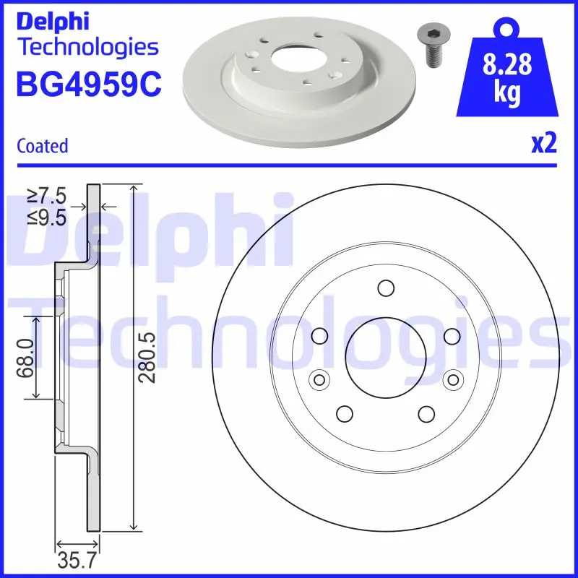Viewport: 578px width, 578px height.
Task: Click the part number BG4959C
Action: [89, 84]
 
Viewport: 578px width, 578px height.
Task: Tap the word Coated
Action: [43, 146]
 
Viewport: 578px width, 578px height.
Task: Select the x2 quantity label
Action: [544, 144]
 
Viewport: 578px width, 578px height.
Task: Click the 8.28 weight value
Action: [507, 64]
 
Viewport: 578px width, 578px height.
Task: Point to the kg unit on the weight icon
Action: [507, 92]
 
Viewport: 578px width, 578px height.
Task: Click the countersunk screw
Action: [431, 46]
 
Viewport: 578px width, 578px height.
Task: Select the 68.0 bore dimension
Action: [26, 358]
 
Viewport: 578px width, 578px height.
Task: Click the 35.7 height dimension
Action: [77, 561]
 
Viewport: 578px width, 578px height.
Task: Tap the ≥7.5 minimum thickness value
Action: [47, 196]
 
